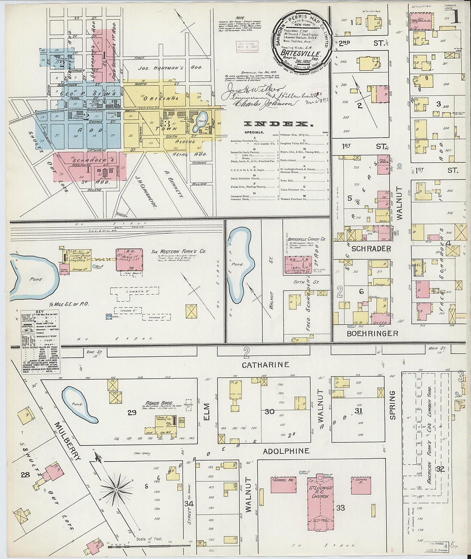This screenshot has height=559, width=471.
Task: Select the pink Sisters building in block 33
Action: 361,485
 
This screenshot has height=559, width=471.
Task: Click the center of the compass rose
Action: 116,489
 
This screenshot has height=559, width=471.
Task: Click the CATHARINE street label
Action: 265,365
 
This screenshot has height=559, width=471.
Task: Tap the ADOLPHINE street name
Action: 286,451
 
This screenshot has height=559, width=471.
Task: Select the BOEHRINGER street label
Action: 367,333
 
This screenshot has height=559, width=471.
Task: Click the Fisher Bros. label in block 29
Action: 159,403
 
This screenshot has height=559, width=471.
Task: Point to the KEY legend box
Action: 40,342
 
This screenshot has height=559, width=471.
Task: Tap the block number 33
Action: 340,508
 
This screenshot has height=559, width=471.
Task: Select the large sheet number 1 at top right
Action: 455,17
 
